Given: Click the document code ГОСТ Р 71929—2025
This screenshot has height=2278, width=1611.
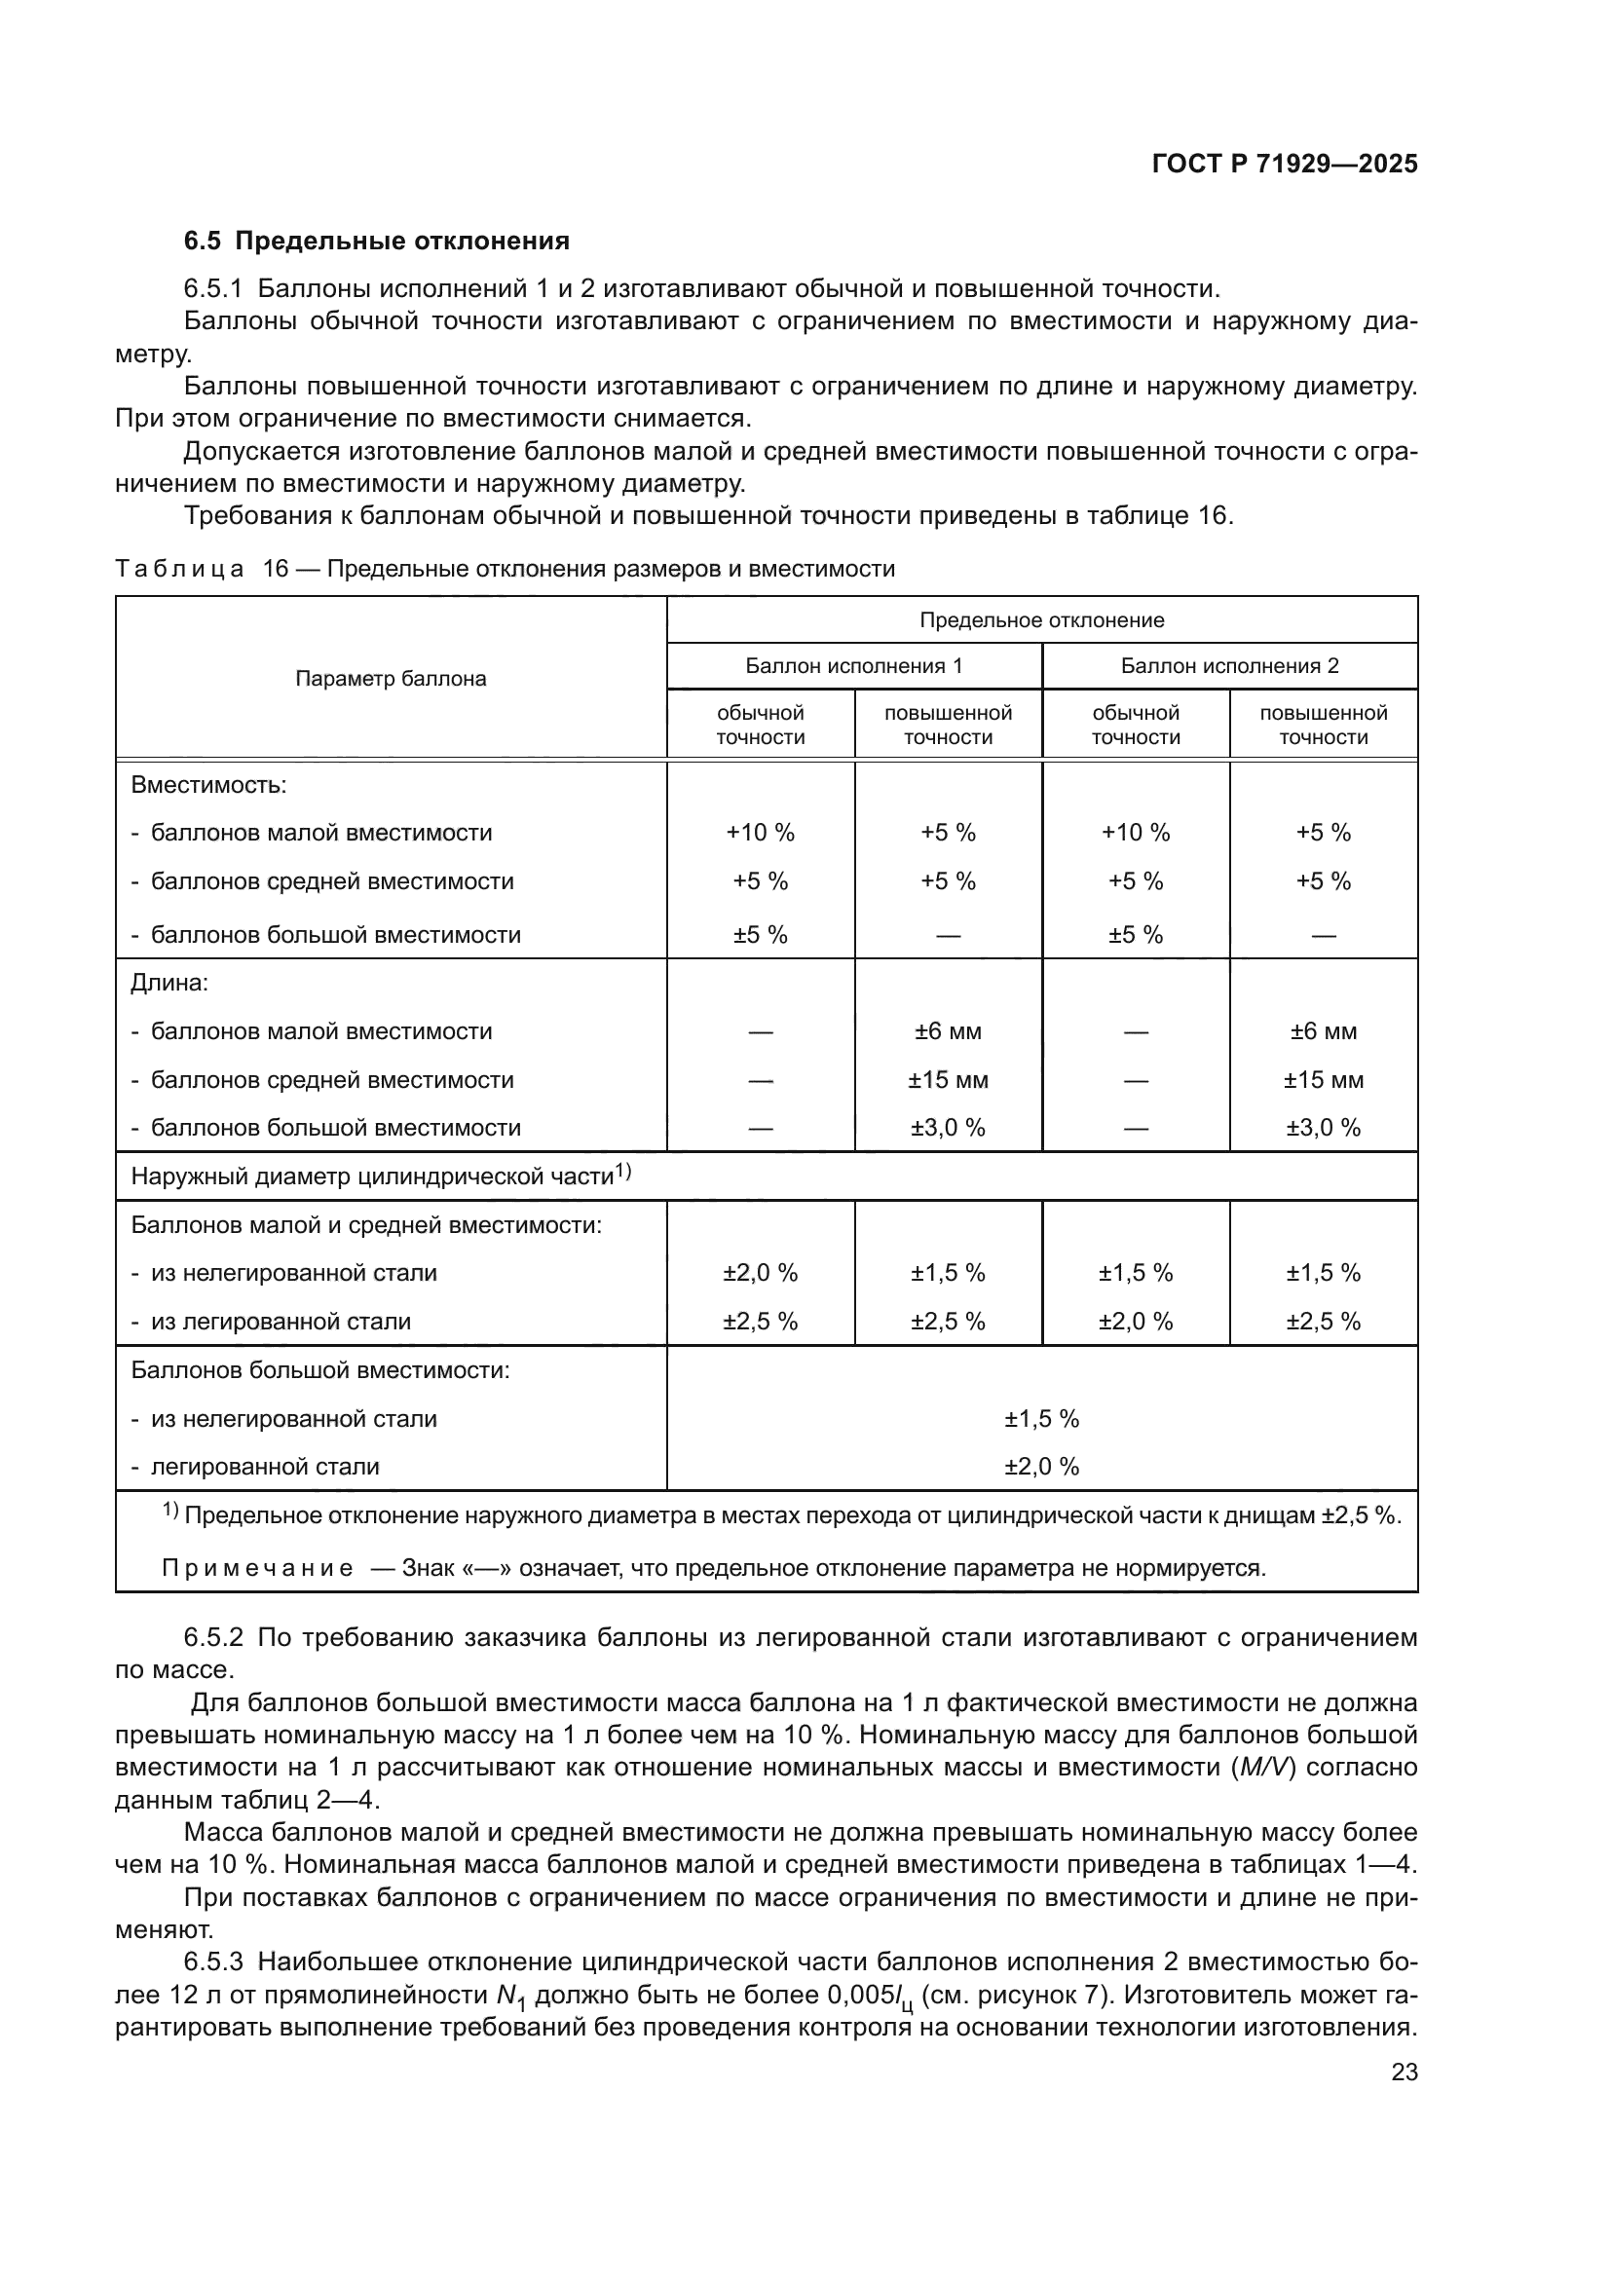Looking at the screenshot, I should coord(1284,165).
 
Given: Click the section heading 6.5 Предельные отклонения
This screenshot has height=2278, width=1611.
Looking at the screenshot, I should coord(376,242).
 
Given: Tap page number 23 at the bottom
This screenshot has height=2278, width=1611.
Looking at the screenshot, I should coord(1404,2072).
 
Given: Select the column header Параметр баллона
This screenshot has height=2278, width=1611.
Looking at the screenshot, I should coord(391,679).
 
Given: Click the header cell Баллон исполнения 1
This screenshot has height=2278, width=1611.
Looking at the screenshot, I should coord(853,666).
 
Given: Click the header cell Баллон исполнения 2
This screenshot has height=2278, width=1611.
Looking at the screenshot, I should coord(1229,666).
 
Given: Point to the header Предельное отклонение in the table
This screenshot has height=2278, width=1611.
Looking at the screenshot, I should coord(1040,620).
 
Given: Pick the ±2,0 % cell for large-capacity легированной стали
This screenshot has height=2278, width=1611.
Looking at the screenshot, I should coord(1040,1467).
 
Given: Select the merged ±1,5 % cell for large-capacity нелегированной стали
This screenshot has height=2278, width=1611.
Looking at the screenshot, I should coord(1040,1419).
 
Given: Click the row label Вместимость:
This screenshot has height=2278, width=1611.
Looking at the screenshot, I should coord(208,785).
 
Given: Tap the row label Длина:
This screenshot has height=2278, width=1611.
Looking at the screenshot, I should coord(169,984).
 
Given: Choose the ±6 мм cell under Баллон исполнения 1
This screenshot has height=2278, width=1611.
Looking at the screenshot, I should coord(948,1031).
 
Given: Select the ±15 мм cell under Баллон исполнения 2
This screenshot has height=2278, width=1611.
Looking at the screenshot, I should coord(1323,1079).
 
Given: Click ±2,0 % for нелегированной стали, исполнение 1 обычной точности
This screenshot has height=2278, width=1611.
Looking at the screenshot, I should coord(760,1273).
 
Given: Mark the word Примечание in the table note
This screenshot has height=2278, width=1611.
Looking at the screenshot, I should coord(257,1569).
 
